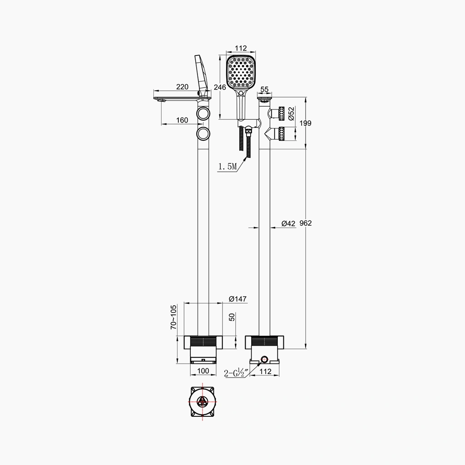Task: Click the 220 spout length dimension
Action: click(x=183, y=87)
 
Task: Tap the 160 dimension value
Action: click(x=182, y=120)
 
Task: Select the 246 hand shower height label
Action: click(x=220, y=87)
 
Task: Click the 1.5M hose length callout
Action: click(x=228, y=167)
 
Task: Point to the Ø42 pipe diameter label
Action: click(x=288, y=223)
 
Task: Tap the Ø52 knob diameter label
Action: click(x=292, y=114)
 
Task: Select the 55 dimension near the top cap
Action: click(x=265, y=90)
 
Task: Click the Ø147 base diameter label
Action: click(x=237, y=299)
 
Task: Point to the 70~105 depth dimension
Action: click(x=173, y=317)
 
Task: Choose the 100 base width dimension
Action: click(x=203, y=371)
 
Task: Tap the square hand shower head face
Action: click(x=242, y=72)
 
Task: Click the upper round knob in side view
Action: click(x=203, y=114)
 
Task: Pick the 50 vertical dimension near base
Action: click(x=232, y=317)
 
